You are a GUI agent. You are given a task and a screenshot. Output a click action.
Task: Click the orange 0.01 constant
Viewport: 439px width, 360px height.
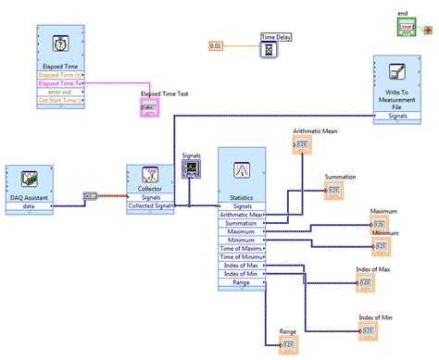[x=216, y=45]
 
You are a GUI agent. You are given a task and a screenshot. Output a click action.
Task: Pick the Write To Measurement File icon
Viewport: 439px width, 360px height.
[x=399, y=77]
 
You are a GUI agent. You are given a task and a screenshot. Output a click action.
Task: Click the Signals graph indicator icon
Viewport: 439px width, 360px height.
[x=192, y=168]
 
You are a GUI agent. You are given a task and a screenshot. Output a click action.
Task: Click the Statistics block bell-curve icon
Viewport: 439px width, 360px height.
[x=242, y=169]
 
